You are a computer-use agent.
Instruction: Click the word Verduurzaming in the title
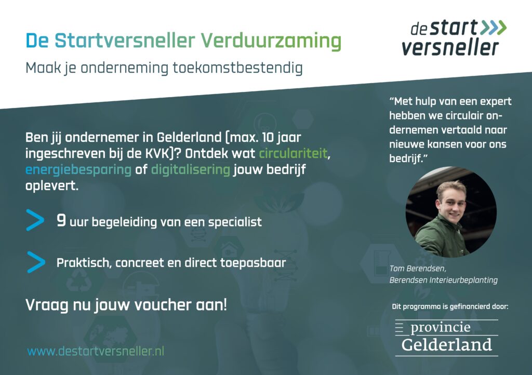(271, 42)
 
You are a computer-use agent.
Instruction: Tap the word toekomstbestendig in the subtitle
(237, 68)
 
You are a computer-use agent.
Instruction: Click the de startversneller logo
(454, 37)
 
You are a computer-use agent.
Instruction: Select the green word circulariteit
(294, 154)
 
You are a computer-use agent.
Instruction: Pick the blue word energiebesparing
(78, 170)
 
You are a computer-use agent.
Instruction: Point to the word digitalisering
(191, 170)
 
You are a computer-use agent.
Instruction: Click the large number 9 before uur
(61, 220)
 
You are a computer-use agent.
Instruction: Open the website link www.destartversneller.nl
(96, 351)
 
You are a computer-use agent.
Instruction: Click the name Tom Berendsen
(418, 269)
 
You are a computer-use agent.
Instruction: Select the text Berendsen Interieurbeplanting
(444, 280)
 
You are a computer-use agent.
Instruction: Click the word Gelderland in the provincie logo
(447, 345)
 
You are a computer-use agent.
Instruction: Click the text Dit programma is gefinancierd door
(450, 307)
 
